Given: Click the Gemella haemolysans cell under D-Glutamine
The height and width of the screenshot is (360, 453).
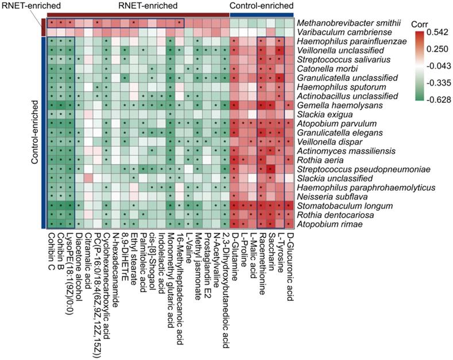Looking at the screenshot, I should click(x=235, y=106).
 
